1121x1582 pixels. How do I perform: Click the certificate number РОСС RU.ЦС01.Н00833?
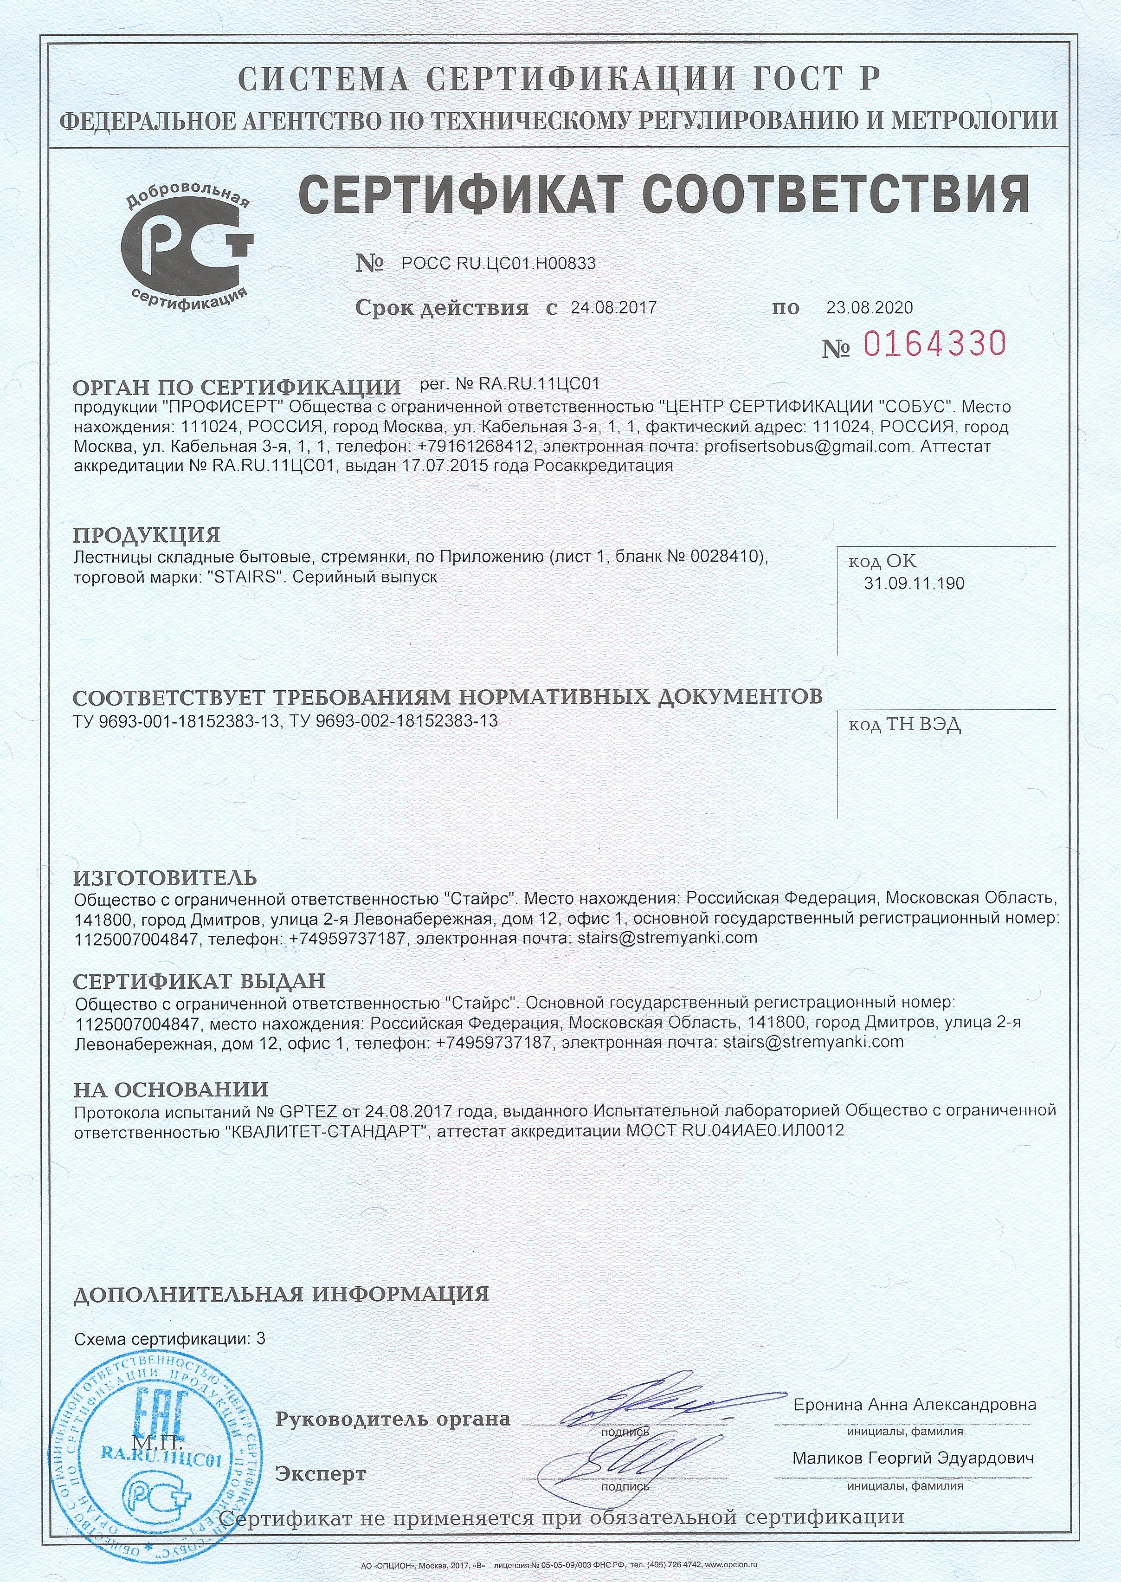(x=498, y=263)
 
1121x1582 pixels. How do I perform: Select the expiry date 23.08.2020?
(x=869, y=307)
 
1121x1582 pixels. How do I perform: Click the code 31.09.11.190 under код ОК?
(x=914, y=584)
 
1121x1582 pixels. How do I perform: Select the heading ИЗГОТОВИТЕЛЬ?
(x=165, y=878)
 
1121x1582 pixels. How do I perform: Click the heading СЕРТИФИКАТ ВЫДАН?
(x=199, y=980)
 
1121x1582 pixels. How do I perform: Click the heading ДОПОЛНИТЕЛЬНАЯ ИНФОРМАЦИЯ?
(x=281, y=1293)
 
